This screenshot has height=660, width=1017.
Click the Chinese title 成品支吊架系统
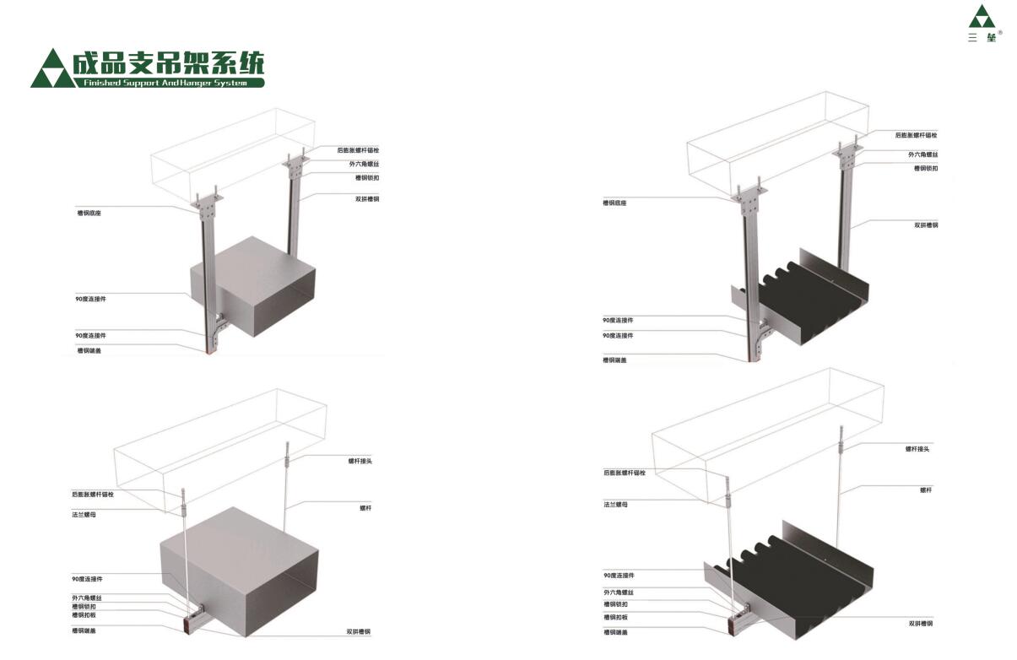coord(168,63)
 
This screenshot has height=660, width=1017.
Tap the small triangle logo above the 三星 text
coord(982,17)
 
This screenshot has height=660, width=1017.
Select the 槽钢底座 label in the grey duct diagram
coord(89,214)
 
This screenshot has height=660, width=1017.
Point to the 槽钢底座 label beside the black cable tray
coord(614,203)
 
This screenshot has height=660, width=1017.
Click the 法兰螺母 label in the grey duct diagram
coord(84,514)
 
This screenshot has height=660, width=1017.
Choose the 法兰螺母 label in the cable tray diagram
coord(615,505)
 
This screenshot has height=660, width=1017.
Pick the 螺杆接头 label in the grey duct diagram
coord(360,461)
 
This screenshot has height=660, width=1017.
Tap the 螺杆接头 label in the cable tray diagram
coord(917,449)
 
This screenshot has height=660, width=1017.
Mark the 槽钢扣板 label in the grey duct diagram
coord(84,615)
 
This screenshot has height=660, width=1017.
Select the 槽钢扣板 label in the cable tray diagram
coord(615,618)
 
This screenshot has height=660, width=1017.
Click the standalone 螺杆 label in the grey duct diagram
coord(365,508)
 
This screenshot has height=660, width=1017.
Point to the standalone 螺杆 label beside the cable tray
coord(926,490)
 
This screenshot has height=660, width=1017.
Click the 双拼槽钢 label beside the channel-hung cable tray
coord(926,225)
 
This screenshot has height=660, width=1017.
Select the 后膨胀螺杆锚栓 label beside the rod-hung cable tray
coord(625,473)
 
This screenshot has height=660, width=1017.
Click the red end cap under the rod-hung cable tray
coord(732,628)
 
